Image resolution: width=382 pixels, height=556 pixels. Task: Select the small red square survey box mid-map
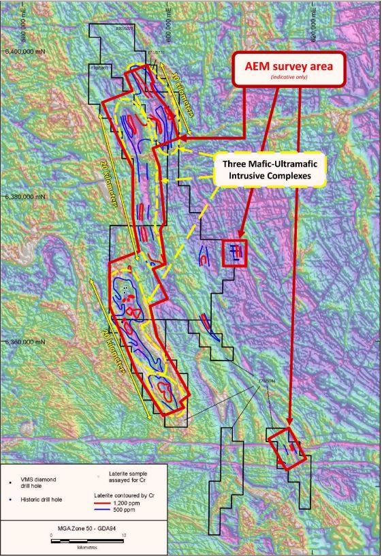236,253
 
